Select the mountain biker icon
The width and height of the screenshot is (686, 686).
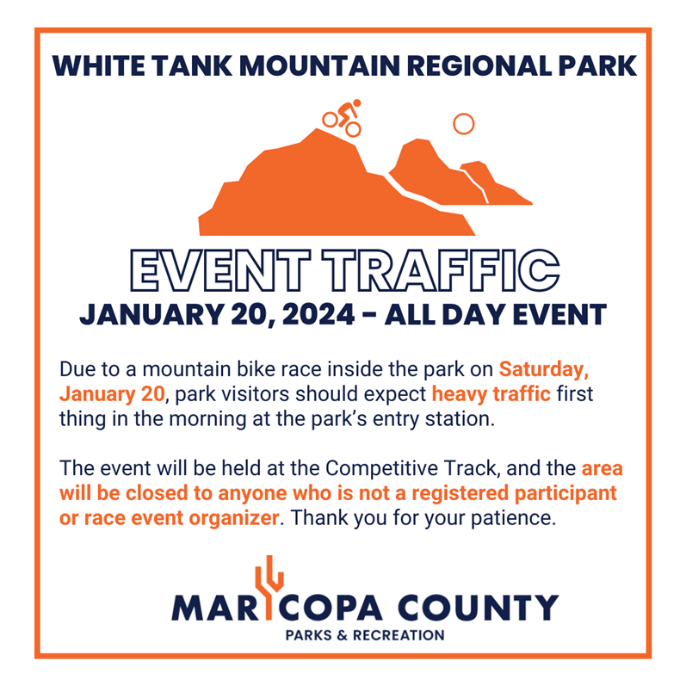[342, 118]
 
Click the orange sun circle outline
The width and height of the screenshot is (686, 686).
[464, 124]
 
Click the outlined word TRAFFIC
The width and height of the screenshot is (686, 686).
[441, 270]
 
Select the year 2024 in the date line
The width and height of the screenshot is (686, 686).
[318, 314]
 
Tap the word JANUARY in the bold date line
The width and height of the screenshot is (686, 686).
[151, 314]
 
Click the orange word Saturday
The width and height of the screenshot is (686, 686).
[544, 370]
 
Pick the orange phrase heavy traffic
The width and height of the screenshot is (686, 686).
[491, 393]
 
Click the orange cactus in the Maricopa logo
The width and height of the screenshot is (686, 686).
[269, 586]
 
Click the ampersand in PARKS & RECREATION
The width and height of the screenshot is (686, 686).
[342, 635]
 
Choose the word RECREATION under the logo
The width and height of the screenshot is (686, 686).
[399, 635]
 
